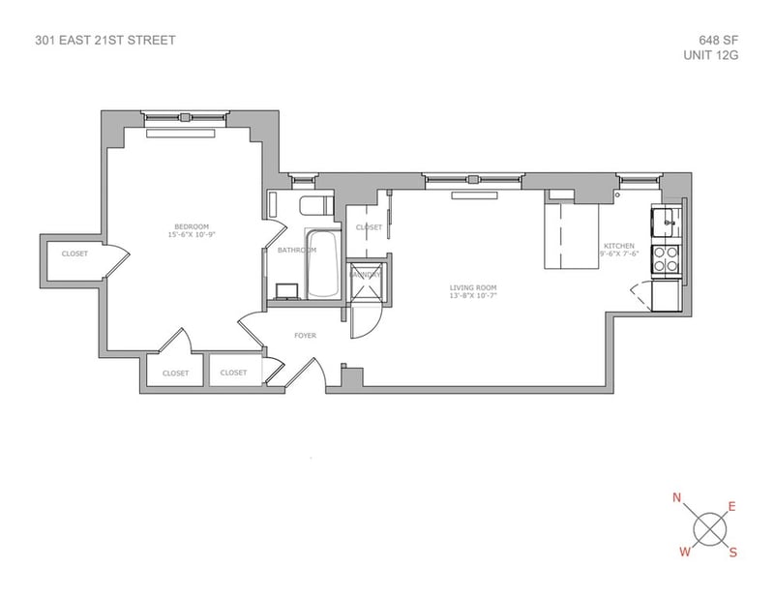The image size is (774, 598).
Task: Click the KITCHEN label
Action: (619, 247)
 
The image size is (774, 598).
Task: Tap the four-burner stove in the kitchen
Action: (667, 257)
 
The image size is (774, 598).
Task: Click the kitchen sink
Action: (667, 224)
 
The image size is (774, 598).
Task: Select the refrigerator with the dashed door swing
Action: (667, 294)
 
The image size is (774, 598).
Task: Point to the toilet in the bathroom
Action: (313, 205)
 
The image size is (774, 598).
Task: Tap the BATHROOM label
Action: (297, 250)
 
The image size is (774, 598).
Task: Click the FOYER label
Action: (305, 336)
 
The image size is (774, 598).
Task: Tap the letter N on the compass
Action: (677, 498)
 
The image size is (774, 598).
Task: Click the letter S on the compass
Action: (733, 553)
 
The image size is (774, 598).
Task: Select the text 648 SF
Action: (715, 41)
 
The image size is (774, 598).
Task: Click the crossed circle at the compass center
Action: (709, 528)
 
